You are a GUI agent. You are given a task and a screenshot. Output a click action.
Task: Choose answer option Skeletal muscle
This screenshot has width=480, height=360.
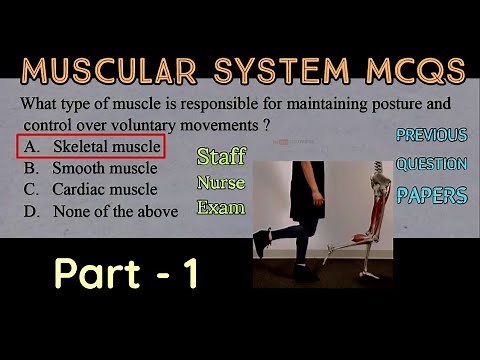pyautogui.click(x=107, y=148)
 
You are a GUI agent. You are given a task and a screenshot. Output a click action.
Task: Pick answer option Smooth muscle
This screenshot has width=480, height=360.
pyautogui.click(x=104, y=168)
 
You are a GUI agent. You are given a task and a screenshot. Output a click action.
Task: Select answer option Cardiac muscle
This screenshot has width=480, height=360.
pyautogui.click(x=105, y=189)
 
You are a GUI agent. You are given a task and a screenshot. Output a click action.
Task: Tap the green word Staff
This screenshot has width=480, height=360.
pyautogui.click(x=220, y=157)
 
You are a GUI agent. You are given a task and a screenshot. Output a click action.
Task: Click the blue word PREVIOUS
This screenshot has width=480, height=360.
pyautogui.click(x=431, y=135)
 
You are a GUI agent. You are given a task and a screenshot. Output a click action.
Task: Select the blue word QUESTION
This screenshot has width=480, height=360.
pyautogui.click(x=431, y=164)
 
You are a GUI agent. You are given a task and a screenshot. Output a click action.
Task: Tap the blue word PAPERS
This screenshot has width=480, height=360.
pyautogui.click(x=431, y=195)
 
